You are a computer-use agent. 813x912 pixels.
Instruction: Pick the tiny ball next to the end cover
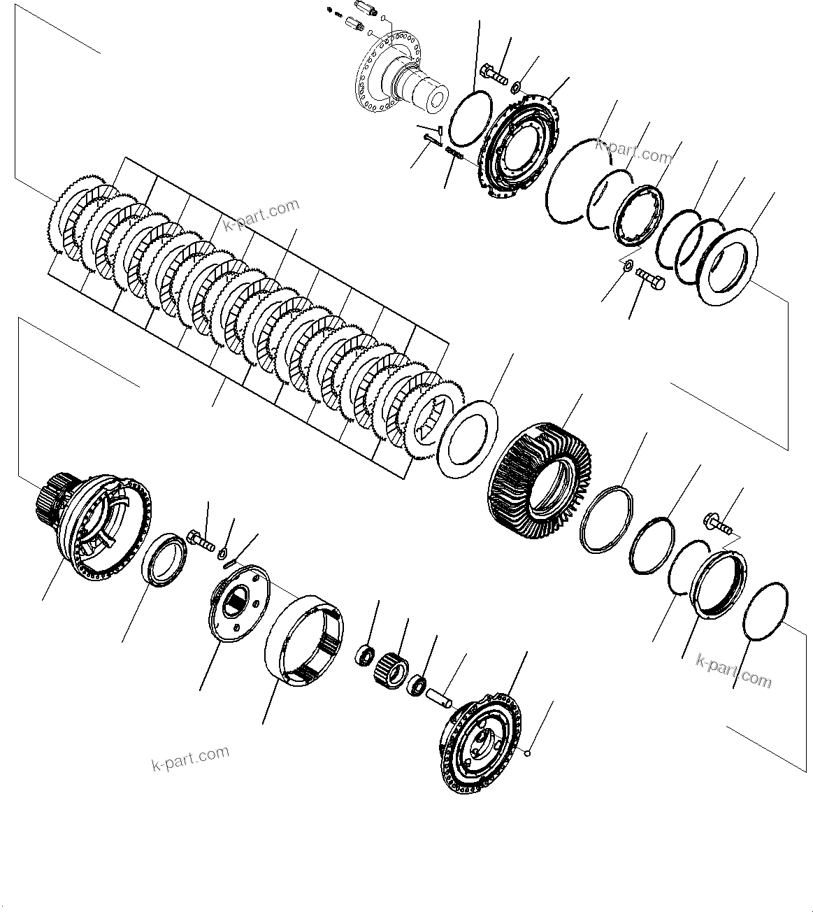[530, 753]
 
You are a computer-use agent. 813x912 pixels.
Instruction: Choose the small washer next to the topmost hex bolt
[516, 87]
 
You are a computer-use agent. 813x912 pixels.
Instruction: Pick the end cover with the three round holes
[484, 743]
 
